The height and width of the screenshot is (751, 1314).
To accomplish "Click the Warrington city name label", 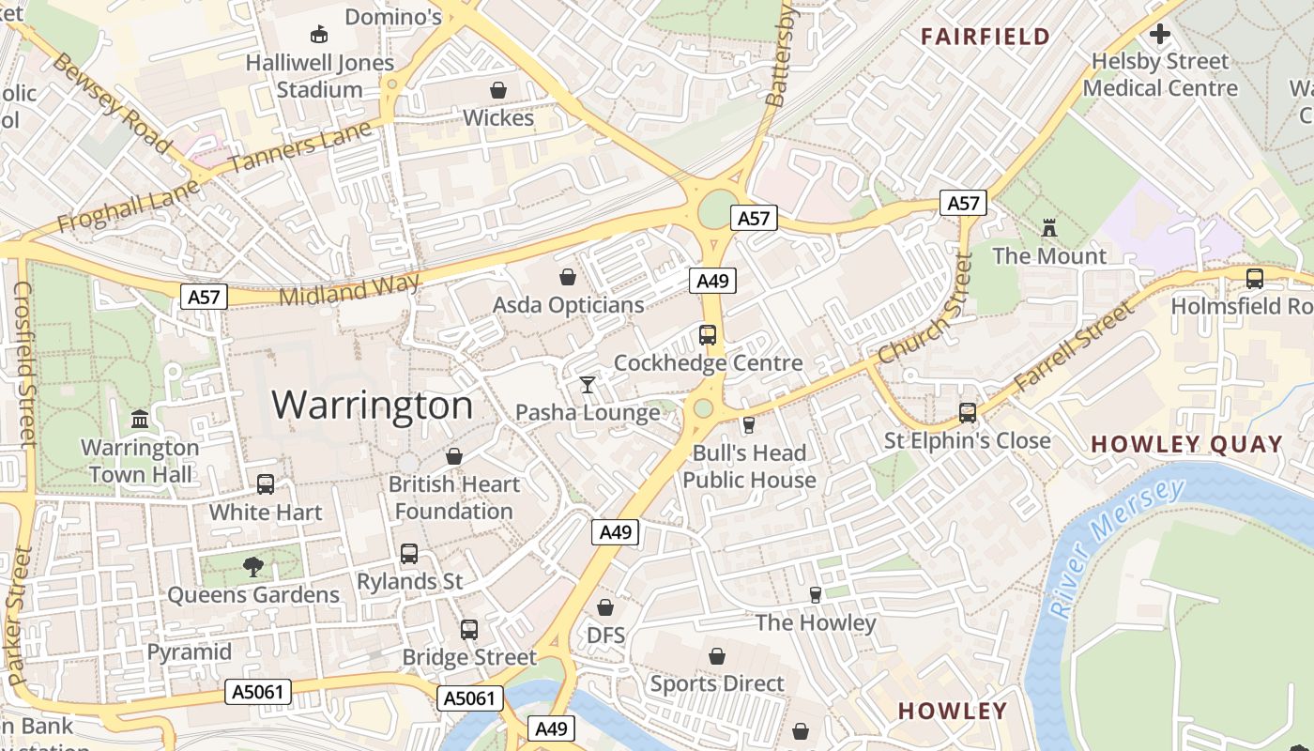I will click(373, 405).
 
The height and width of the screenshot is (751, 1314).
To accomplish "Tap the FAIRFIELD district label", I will click(985, 37).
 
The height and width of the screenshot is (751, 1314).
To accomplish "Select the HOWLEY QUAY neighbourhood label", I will click(1186, 444).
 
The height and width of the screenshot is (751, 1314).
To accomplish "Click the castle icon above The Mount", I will click(1049, 227).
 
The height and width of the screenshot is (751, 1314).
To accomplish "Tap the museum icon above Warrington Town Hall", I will click(140, 419).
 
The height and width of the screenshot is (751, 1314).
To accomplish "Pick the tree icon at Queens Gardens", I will click(252, 566).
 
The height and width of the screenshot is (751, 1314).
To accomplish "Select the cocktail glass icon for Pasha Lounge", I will click(588, 384).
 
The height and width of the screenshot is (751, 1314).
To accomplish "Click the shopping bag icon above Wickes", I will click(498, 90).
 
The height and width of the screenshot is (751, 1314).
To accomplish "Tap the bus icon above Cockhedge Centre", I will click(708, 334).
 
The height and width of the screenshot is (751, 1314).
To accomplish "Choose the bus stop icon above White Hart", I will click(266, 484).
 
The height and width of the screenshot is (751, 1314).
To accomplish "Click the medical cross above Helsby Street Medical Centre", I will click(1160, 35).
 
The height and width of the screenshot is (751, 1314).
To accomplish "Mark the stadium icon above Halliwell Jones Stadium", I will click(319, 35).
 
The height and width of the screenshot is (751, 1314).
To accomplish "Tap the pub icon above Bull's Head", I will click(748, 425).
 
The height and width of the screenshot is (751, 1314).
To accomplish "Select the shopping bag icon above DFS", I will click(605, 607).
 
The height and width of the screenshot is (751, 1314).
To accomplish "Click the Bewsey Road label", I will click(112, 101).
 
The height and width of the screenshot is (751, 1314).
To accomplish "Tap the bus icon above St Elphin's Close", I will click(967, 412).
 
